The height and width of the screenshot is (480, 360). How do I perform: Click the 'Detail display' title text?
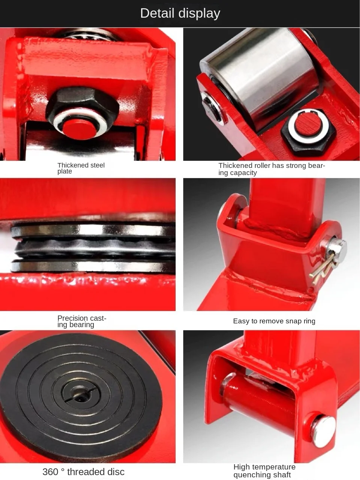[180, 13]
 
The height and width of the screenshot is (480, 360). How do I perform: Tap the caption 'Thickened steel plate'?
[81, 168]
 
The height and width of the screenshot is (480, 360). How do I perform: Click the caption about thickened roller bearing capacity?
[271, 169]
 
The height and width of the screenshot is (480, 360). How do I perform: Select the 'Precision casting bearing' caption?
[81, 322]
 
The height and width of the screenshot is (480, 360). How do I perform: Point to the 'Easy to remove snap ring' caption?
[274, 321]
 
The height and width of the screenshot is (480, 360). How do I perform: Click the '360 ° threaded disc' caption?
[83, 472]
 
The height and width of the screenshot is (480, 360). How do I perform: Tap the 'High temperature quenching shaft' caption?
[264, 471]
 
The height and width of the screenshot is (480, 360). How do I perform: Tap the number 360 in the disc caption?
[50, 472]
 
